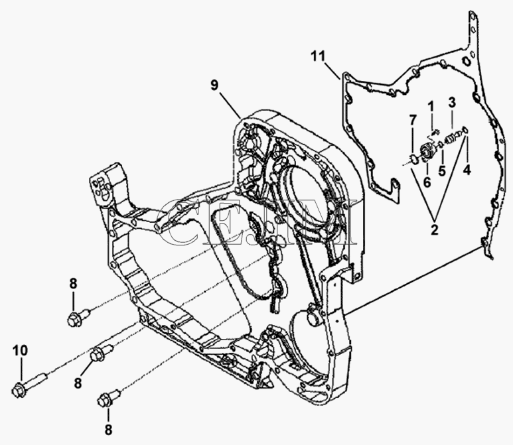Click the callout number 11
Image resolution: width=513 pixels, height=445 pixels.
click(318, 56)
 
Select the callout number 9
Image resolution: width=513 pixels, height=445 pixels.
click(214, 86)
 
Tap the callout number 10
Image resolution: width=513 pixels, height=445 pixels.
click(21, 351)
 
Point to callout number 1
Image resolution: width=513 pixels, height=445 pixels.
click(431, 106)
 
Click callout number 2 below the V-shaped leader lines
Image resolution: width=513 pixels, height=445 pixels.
click(434, 230)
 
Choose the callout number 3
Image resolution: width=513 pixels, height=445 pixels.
click(452, 102)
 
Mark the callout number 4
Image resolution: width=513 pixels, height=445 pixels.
click(467, 170)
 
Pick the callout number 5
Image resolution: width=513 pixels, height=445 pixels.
click(442, 170)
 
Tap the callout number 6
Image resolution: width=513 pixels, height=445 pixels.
click(427, 182)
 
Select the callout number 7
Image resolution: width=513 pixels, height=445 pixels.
click(413, 120)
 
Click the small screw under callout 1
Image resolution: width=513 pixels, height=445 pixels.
click(435, 133)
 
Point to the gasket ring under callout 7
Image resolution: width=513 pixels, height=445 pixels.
click(414, 159)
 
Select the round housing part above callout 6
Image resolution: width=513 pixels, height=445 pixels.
click(427, 151)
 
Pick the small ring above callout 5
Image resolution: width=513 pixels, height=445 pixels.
click(441, 144)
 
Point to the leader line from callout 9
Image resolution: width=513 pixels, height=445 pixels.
click(230, 105)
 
